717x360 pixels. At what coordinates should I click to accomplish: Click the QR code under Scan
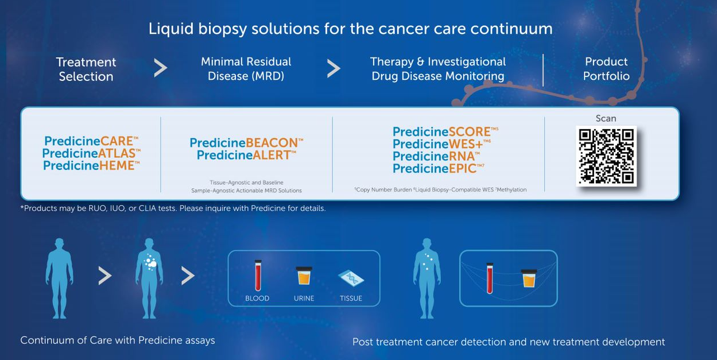606,156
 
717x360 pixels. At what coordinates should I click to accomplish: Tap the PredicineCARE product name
91,141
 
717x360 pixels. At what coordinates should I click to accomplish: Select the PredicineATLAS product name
91,153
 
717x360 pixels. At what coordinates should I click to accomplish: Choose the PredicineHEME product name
91,165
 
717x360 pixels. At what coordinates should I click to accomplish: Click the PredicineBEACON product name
246,143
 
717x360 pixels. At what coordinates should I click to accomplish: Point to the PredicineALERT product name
246,155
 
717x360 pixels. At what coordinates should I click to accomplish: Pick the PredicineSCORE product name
445,131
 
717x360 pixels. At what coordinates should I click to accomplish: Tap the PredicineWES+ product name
441,144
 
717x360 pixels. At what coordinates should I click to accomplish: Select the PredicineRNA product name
436,156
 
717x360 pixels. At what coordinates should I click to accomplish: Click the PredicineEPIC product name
439,168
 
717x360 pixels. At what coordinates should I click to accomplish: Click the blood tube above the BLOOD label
258,275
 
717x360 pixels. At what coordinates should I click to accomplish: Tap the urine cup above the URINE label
304,276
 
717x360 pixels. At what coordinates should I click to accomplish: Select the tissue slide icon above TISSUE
351,278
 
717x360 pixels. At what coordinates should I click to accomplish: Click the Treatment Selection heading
86,69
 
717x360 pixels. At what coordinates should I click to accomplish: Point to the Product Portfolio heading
606,69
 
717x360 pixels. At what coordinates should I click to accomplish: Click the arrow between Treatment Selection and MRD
160,68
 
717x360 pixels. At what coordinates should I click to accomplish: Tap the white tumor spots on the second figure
150,262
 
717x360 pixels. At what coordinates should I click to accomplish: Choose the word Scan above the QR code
606,118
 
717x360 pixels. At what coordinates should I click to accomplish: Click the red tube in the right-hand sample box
490,278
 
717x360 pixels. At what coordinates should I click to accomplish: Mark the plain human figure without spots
60,278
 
